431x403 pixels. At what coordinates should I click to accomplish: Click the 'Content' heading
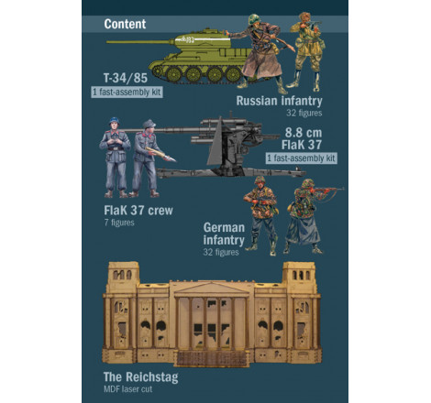[125, 24]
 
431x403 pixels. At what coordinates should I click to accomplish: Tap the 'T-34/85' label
[126, 78]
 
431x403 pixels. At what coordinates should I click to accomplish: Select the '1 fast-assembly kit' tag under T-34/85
[127, 93]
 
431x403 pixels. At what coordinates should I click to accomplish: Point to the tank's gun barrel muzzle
[108, 42]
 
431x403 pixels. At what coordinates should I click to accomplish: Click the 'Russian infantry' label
[279, 101]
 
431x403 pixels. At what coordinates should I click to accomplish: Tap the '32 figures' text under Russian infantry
[304, 114]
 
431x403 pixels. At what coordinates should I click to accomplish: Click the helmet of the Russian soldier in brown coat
[254, 19]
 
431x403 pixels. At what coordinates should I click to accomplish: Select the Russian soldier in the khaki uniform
[305, 50]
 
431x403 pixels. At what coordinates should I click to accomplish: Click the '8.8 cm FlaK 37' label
[302, 139]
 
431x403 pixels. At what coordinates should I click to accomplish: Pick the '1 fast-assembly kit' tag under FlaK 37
[302, 158]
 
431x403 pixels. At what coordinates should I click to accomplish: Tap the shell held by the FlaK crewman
[160, 154]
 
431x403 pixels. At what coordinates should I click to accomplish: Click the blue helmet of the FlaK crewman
[114, 120]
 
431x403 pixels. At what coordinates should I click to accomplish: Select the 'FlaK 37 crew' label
[138, 211]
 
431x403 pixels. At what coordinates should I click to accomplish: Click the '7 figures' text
[119, 223]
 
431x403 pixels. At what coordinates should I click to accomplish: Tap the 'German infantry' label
[224, 234]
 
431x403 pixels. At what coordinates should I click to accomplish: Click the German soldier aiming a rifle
[309, 216]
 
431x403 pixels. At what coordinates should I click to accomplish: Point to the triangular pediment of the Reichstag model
[212, 289]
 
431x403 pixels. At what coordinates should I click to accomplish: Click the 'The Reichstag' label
[140, 377]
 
